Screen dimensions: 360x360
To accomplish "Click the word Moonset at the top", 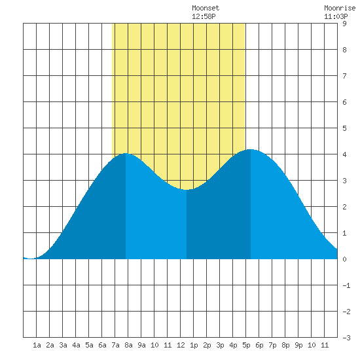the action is point(206,8).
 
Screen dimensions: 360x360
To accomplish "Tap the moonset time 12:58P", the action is point(204,16).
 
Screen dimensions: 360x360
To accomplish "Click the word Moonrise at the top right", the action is point(340,8).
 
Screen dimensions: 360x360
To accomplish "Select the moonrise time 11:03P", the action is point(336,16).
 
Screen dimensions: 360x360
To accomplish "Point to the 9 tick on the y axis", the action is point(344,24).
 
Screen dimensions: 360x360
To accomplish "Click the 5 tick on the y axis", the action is point(344,128).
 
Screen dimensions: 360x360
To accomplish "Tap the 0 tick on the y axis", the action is point(344,259).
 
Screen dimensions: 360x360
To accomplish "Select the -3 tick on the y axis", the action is point(346,338).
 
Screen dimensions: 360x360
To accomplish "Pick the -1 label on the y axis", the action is point(346,285).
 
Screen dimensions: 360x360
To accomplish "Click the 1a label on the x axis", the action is point(37,345).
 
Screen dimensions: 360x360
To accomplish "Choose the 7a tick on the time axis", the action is point(115,345).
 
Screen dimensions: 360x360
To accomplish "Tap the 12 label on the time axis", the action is point(181,345).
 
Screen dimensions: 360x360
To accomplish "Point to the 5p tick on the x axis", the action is point(246,345).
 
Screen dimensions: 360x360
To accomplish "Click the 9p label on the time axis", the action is point(298,345).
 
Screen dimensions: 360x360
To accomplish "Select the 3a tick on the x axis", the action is point(63,345).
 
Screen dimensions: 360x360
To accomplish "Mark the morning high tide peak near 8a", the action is point(126,153).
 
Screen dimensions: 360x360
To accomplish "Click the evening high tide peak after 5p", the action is point(251,149).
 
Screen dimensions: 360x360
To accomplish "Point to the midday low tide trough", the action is point(186,190).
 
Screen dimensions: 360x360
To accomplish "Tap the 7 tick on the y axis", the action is point(344,76).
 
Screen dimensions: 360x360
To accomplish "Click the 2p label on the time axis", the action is point(207,345).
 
